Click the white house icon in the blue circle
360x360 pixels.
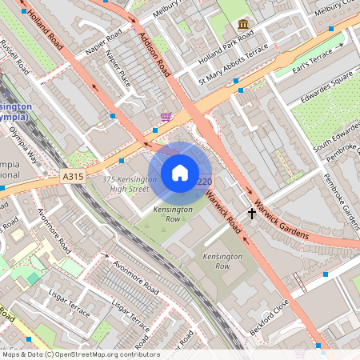pyautogui.click(x=180, y=173)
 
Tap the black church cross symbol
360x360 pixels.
pyautogui.click(x=252, y=214)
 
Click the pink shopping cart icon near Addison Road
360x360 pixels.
pyautogui.click(x=166, y=117)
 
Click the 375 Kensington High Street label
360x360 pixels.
pyautogui.click(x=126, y=184)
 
